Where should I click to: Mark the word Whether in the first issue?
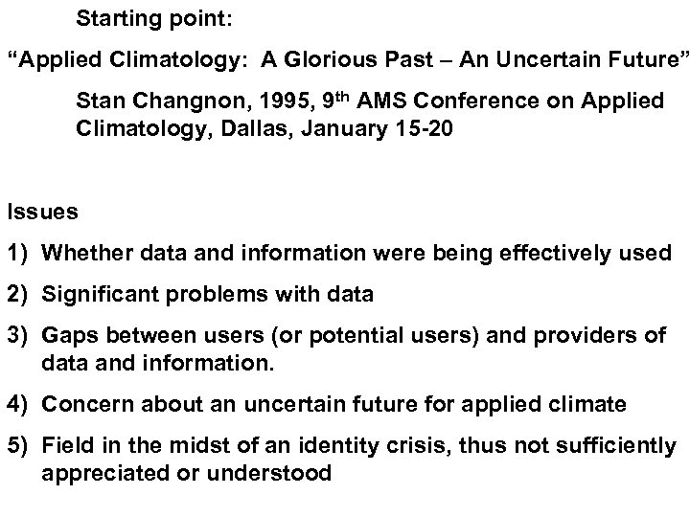pos(80,254)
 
